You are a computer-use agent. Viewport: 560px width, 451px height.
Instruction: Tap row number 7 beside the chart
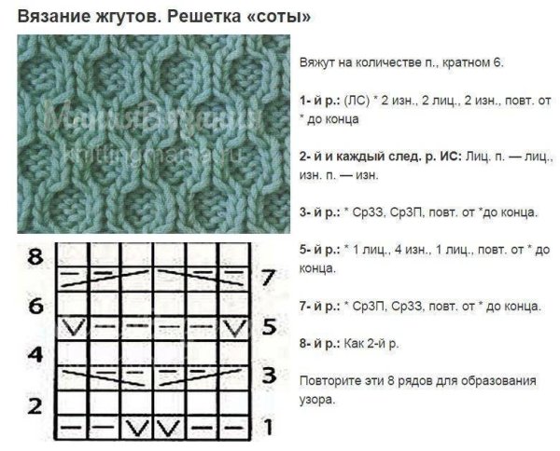click(268, 278)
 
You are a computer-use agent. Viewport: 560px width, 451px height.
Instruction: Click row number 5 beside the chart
click(268, 327)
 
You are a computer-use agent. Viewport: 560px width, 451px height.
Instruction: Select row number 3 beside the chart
click(268, 376)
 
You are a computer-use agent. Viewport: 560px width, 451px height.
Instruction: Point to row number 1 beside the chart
click(268, 428)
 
